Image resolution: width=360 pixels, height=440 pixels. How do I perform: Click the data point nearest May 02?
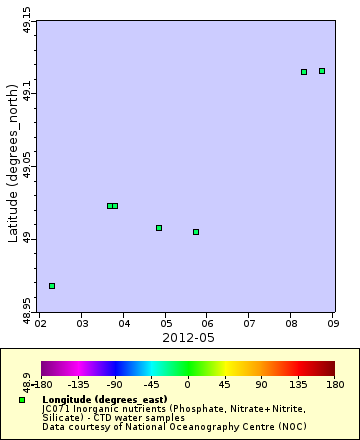click(52, 286)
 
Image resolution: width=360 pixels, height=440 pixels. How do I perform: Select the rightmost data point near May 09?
click(322, 71)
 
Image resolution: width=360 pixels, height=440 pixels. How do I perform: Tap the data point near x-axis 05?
click(159, 228)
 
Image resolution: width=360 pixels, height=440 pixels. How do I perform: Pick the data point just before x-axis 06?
click(196, 232)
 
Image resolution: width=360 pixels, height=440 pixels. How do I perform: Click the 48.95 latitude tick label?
click(27, 312)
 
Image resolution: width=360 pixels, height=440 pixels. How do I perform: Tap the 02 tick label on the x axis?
click(39, 324)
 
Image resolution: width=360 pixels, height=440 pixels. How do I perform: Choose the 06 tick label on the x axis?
click(207, 324)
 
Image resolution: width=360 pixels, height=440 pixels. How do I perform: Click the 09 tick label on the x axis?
click(333, 324)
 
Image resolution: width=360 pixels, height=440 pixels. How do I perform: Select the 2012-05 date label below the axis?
click(187, 337)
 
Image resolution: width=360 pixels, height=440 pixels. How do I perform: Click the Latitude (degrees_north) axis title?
click(13, 168)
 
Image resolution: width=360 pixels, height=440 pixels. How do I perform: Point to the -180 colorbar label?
click(42, 383)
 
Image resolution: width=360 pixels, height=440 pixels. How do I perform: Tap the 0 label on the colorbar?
click(188, 383)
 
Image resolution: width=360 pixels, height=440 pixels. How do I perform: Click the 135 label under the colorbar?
click(297, 383)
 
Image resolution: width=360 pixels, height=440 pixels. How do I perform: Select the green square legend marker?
click(22, 400)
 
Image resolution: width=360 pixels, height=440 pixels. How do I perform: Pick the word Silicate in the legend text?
click(62, 417)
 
